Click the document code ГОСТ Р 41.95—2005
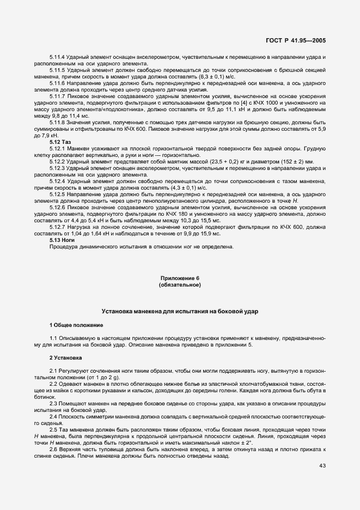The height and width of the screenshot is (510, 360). click(297, 40)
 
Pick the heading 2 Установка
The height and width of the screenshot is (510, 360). click(65, 358)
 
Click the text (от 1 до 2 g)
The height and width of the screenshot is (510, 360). click(103, 378)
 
